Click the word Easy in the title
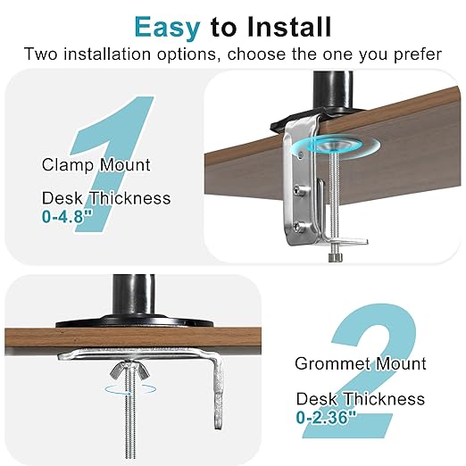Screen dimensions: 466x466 [166, 26]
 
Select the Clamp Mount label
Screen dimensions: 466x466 [96, 164]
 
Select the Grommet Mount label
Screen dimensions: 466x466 [361, 364]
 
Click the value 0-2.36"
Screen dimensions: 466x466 [326, 415]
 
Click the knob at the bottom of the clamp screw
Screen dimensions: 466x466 [335, 257]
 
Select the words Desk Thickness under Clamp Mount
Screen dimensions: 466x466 [105, 198]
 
